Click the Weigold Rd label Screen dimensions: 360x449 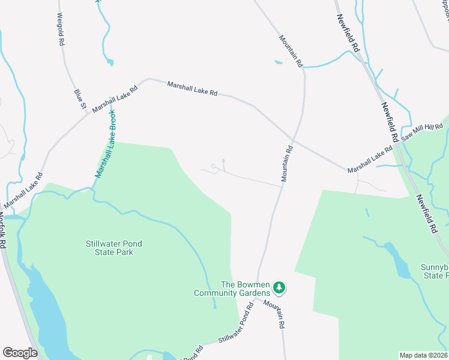tap(61, 29)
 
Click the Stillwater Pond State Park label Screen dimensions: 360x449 tap(109, 248)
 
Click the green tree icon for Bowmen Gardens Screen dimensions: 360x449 tap(279, 289)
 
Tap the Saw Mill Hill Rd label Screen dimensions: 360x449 tap(422, 133)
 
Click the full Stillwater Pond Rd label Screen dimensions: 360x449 tap(233, 326)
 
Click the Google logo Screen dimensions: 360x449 tap(20, 353)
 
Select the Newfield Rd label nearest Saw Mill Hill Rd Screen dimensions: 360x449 tap(389, 122)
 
